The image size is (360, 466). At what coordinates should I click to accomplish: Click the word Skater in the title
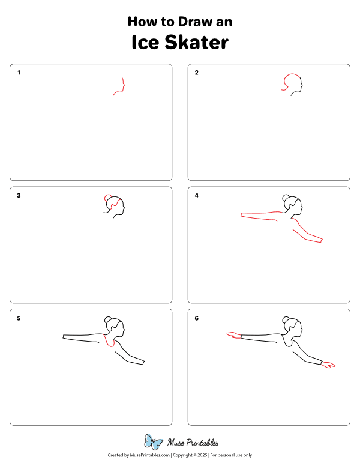[x=197, y=43]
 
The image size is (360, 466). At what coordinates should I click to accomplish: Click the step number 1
[x=19, y=73]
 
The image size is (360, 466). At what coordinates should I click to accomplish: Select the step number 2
[x=196, y=73]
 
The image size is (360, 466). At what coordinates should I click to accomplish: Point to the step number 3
[x=19, y=195]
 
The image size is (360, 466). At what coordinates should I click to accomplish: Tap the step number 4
[x=196, y=195]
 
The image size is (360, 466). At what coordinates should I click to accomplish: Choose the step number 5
[x=19, y=318]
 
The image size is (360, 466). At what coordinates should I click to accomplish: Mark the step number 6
[x=196, y=318]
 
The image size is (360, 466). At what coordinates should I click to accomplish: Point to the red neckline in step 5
[x=109, y=343]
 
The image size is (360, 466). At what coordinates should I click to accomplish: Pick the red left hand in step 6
[x=232, y=334]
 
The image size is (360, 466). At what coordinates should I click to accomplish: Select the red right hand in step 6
[x=329, y=365]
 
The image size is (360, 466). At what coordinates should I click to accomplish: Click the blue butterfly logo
[x=154, y=443]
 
